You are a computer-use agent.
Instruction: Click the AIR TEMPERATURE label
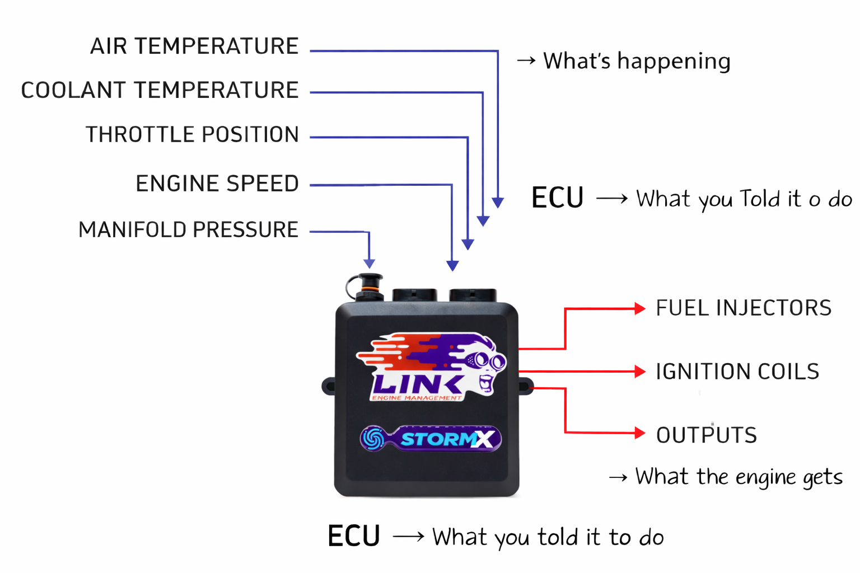pyautogui.click(x=194, y=46)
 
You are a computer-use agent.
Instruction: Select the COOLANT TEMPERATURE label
pyautogui.click(x=160, y=90)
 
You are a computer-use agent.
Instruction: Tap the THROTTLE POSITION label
pyautogui.click(x=192, y=135)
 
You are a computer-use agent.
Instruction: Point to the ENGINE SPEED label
pyautogui.click(x=217, y=184)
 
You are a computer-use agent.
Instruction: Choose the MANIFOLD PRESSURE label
pyautogui.click(x=188, y=230)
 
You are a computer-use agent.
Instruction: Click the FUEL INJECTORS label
pyautogui.click(x=744, y=308)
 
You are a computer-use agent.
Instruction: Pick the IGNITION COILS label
pyautogui.click(x=737, y=372)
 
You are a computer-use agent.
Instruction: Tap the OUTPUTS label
pyautogui.click(x=707, y=435)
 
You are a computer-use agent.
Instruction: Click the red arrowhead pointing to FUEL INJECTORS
pyautogui.click(x=640, y=308)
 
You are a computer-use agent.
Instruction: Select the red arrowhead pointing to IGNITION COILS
pyautogui.click(x=640, y=372)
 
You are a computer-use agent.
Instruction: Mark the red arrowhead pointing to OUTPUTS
pyautogui.click(x=640, y=433)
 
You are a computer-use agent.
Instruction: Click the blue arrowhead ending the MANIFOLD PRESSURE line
pyautogui.click(x=369, y=264)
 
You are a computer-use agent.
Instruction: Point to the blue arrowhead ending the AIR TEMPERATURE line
pyautogui.click(x=498, y=203)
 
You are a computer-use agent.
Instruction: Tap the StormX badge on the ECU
pyautogui.click(x=431, y=439)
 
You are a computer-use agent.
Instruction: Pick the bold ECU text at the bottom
pyautogui.click(x=354, y=536)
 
